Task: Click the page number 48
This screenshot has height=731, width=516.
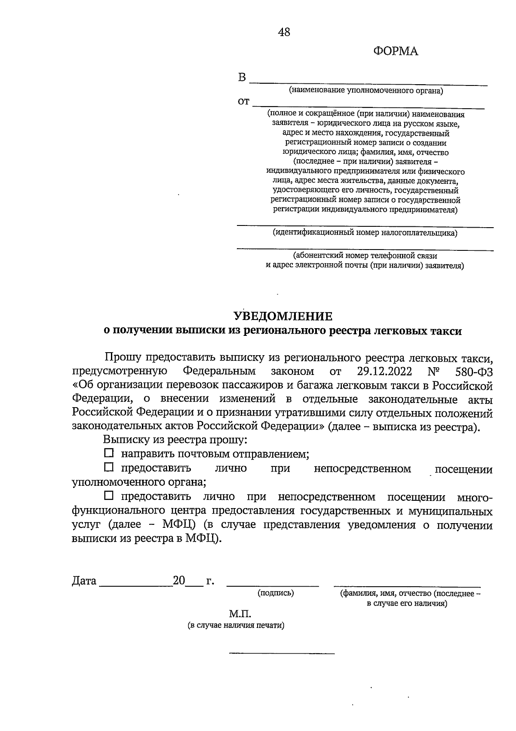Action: [284, 32]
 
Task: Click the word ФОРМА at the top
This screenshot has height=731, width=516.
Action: [396, 52]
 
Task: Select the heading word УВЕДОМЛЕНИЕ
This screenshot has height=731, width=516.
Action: [283, 317]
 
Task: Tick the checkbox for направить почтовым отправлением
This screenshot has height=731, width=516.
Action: [109, 453]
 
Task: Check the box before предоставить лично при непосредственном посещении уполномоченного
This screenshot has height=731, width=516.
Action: [109, 467]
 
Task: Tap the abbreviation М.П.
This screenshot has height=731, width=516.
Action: [240, 613]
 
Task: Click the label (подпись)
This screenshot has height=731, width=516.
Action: [276, 593]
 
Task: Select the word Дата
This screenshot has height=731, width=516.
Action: [84, 581]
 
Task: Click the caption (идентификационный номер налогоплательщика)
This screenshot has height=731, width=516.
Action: [365, 233]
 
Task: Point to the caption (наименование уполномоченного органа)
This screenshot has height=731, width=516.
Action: [365, 91]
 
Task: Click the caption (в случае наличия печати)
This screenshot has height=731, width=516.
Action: [236, 625]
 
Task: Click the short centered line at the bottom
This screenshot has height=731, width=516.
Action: [282, 654]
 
